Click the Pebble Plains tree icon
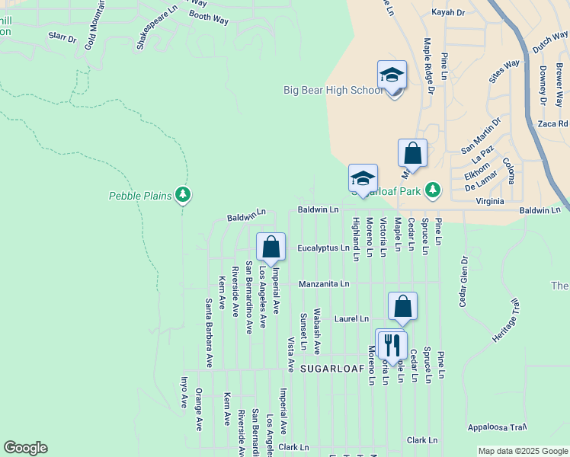[x=182, y=196]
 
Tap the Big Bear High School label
[x=333, y=90]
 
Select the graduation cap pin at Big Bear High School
[x=392, y=75]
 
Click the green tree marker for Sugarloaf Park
[x=433, y=189]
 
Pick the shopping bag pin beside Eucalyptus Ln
[x=271, y=247]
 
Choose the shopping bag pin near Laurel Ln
[x=402, y=307]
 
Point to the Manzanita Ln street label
[x=323, y=283]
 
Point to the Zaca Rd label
[x=552, y=123]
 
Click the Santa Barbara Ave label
[x=209, y=332]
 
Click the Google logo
[x=25, y=448]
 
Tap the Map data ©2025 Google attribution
[x=522, y=451]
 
